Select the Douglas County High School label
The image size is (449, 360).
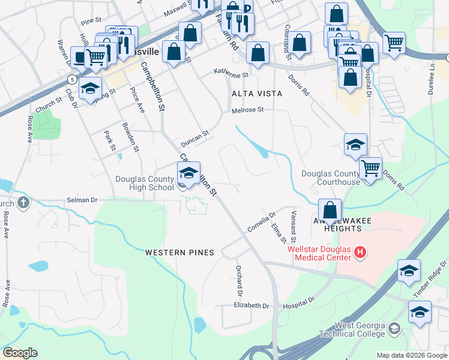pos(144,183)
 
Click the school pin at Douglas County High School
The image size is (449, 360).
pos(188,175)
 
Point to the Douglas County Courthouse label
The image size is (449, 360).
pos(331,178)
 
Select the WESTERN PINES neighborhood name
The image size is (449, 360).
pos(179,253)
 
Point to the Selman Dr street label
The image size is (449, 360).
pos(82,200)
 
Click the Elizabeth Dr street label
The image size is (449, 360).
pos(252,305)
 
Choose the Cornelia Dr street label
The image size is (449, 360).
pos(261,222)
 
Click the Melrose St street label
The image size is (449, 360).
pos(248,110)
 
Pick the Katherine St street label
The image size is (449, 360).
pos(231,76)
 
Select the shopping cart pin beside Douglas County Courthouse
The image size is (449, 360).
pos(371,168)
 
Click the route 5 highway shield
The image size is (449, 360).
pos(72,79)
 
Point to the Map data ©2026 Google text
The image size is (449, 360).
pos(412,355)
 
